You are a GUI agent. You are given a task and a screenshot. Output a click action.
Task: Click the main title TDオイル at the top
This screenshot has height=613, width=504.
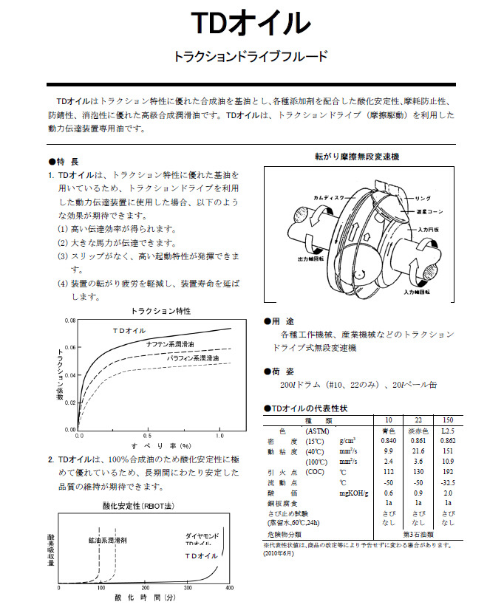click(251, 24)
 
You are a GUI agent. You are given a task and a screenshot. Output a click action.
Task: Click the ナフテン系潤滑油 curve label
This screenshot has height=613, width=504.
click(170, 344)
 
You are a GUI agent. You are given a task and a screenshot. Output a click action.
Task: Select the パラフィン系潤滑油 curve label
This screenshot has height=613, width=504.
click(192, 357)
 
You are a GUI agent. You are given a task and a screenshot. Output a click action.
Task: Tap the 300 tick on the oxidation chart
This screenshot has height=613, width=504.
click(188, 589)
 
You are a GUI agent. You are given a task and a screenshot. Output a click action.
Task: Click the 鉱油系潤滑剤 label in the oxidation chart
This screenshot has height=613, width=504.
click(107, 540)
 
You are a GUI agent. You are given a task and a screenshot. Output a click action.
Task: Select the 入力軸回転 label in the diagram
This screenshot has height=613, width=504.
click(418, 293)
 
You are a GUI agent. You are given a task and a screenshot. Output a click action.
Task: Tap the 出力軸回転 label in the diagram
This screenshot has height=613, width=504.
click(311, 260)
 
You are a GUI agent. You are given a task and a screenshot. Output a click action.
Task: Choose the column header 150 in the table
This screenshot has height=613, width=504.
click(448, 419)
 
